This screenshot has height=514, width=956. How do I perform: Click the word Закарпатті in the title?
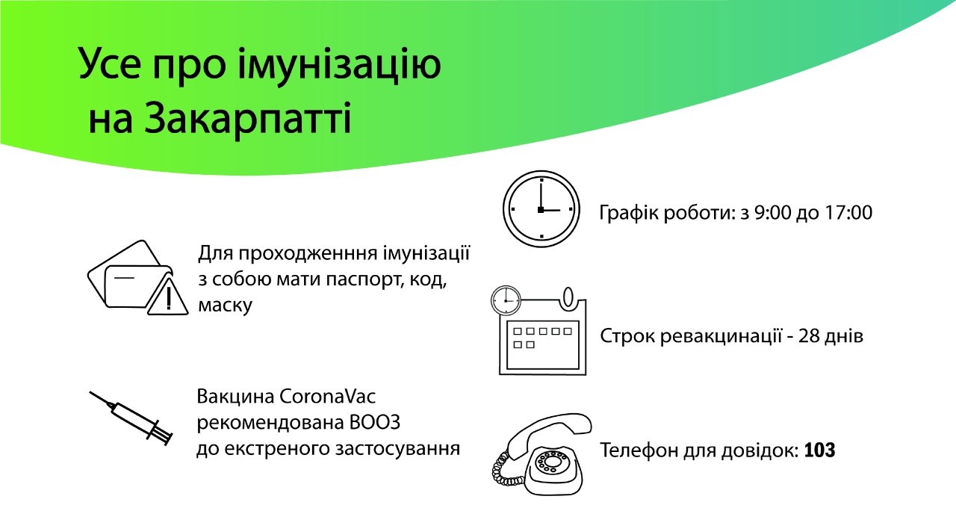coord(247,118)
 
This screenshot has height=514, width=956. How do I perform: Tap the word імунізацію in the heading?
coord(339,64)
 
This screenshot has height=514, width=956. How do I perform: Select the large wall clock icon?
coord(541,209)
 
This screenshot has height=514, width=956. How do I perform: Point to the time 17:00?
coord(848,213)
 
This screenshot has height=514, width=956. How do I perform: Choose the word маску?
coord(226,306)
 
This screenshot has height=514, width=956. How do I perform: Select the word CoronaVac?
coord(327,397)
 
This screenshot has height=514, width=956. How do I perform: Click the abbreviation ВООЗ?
coord(375,423)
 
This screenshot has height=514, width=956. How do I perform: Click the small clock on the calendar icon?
coord(506,300)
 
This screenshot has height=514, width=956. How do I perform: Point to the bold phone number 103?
coord(819,450)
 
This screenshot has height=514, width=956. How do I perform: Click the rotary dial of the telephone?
coord(551,462)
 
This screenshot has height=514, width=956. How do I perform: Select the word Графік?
coord(624,214)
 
